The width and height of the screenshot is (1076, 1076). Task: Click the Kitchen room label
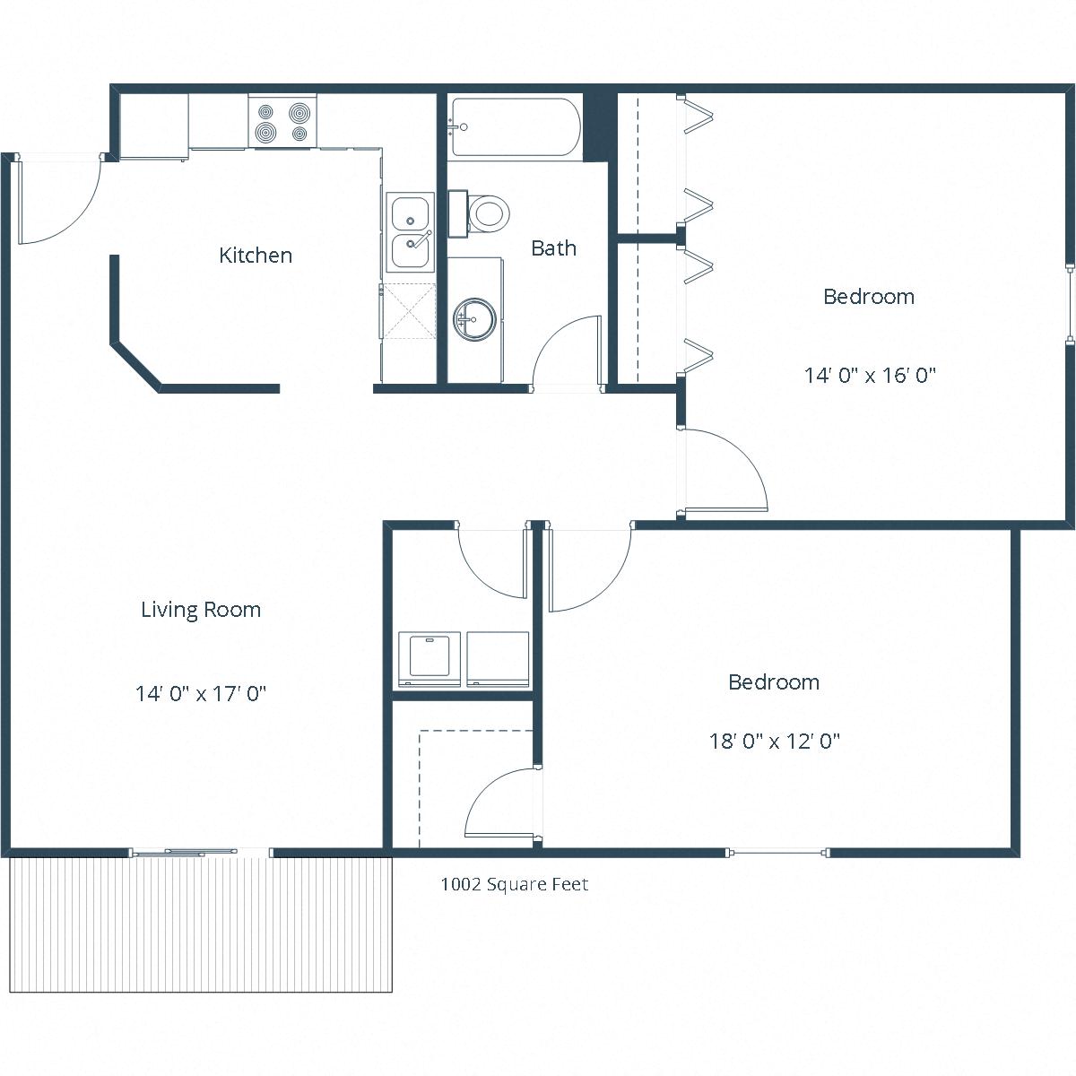pyautogui.click(x=256, y=256)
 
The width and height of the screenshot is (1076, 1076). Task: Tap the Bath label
pyautogui.click(x=553, y=248)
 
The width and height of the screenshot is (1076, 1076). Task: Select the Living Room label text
pyautogui.click(x=201, y=610)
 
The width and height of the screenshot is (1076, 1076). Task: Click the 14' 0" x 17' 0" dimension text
pyautogui.click(x=201, y=693)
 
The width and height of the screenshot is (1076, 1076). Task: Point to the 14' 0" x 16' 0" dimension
pyautogui.click(x=870, y=375)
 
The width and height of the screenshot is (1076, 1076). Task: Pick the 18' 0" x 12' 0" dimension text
pyautogui.click(x=774, y=742)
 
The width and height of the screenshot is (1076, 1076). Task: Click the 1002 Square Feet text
pyautogui.click(x=514, y=884)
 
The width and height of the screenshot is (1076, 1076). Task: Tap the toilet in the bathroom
pyautogui.click(x=485, y=213)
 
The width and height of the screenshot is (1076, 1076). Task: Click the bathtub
pyautogui.click(x=516, y=126)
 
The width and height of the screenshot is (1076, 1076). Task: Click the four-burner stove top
pyautogui.click(x=282, y=122)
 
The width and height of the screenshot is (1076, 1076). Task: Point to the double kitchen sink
pyautogui.click(x=411, y=231)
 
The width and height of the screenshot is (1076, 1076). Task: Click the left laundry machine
pyautogui.click(x=429, y=658)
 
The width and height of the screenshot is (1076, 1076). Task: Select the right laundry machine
pyautogui.click(x=498, y=658)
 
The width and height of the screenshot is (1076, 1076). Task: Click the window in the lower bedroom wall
pyautogui.click(x=777, y=852)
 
